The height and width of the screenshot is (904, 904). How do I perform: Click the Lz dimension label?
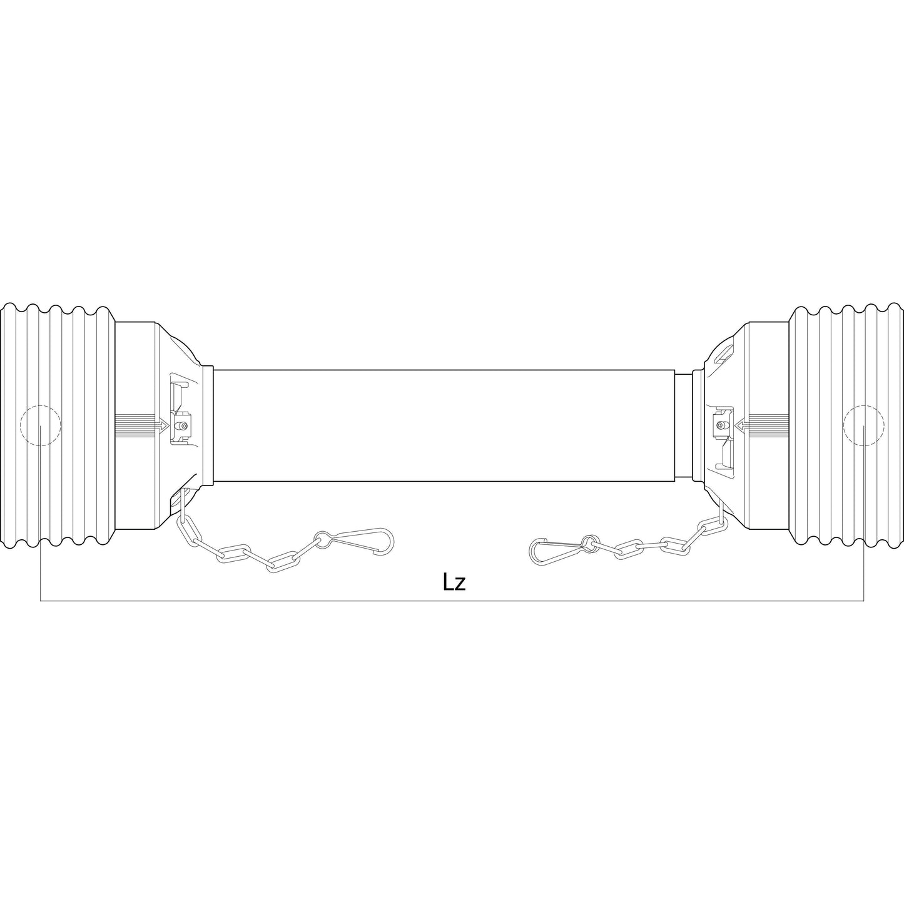454,582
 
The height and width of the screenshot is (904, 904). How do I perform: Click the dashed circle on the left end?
41,425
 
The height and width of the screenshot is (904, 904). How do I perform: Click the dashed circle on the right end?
863,425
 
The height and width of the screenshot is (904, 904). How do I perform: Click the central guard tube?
444,425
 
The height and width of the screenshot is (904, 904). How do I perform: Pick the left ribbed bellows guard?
59,425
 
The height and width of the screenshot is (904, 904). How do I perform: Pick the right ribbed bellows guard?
845,425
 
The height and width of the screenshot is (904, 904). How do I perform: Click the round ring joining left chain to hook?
323,537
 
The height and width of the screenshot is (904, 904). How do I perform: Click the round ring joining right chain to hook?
588,541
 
